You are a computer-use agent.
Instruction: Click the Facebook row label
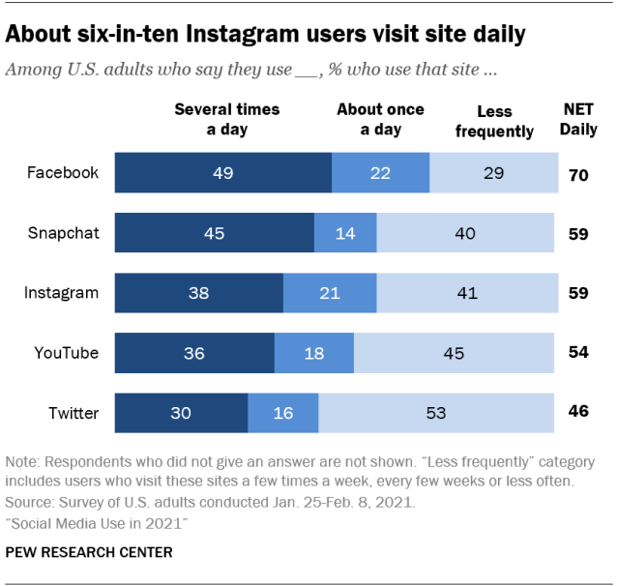63,173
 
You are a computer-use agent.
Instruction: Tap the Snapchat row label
63,233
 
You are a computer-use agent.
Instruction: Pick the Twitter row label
74,413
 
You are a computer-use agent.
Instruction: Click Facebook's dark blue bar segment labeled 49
223,173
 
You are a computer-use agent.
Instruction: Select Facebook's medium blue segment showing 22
380,173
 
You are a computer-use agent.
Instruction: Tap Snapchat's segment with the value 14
345,233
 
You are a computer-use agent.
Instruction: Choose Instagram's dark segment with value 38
199,293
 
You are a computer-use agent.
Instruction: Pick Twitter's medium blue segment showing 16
283,413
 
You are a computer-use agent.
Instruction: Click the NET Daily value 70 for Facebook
578,174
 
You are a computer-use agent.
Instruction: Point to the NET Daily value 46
578,413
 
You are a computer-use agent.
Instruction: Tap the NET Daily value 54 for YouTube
578,353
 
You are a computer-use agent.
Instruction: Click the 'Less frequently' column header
493,121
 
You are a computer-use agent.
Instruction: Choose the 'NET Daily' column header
578,119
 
